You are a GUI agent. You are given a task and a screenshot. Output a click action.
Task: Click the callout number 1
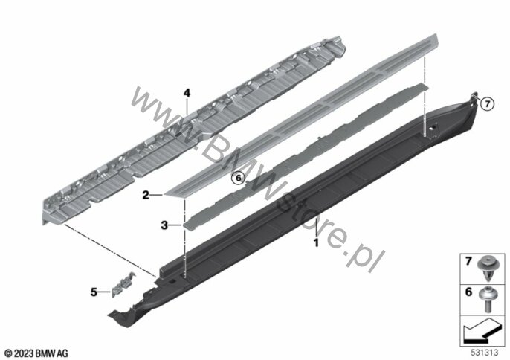[315, 242]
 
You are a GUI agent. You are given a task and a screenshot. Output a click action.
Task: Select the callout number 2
[146, 196]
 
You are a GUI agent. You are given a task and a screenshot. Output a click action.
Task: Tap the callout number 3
[164, 225]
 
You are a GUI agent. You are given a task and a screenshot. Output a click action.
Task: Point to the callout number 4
[187, 94]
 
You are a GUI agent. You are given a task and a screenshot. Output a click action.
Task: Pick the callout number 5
[94, 292]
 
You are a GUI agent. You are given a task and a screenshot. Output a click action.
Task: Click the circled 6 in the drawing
[238, 178]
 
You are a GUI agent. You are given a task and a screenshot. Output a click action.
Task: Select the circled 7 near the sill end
[487, 104]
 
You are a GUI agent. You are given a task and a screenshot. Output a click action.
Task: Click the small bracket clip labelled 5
[122, 284]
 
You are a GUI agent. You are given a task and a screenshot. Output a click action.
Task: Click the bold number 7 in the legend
[468, 261]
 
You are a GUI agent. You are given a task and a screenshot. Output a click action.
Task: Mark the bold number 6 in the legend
[468, 292]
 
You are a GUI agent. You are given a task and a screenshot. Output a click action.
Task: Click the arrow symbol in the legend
[481, 331]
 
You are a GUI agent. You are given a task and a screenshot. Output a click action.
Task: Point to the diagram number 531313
[485, 353]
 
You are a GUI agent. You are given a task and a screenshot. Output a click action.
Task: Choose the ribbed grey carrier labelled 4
[195, 130]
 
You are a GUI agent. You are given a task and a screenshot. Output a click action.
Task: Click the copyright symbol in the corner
[8, 353]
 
